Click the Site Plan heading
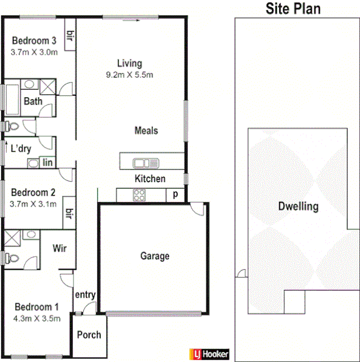(x=293, y=9)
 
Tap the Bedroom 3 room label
(x=35, y=41)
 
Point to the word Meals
(x=146, y=131)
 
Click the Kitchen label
(x=150, y=179)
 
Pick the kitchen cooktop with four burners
(x=139, y=195)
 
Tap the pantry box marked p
(x=175, y=195)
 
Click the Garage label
(x=154, y=256)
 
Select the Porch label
(x=89, y=335)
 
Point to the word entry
(x=85, y=295)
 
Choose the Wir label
(x=60, y=248)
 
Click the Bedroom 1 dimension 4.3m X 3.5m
(x=36, y=318)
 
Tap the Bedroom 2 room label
(x=35, y=193)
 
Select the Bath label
(x=33, y=101)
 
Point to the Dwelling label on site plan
(x=298, y=206)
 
